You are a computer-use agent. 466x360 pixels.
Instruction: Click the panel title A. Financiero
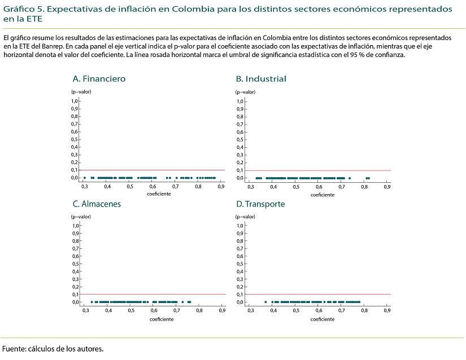[99, 79]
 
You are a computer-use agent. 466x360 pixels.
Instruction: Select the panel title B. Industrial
[261, 79]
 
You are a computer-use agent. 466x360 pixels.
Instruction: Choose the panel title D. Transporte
[260, 204]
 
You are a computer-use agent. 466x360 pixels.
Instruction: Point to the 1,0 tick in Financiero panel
[74, 101]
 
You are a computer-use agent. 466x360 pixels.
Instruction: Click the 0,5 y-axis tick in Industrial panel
[240, 139]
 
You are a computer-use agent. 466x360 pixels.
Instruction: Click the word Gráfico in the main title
[18, 10]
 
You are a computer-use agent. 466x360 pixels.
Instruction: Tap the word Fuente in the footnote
[13, 349]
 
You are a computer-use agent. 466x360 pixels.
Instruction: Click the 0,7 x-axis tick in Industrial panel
[342, 186]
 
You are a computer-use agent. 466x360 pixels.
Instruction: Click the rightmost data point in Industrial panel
[368, 178]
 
